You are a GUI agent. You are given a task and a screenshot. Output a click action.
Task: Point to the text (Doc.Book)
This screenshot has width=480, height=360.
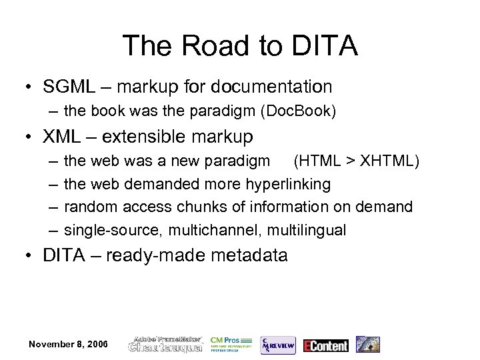point(303,111)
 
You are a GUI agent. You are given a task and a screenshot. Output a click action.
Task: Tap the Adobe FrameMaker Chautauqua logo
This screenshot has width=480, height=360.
point(166,344)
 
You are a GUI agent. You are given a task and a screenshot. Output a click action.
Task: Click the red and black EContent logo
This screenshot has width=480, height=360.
point(325,345)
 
